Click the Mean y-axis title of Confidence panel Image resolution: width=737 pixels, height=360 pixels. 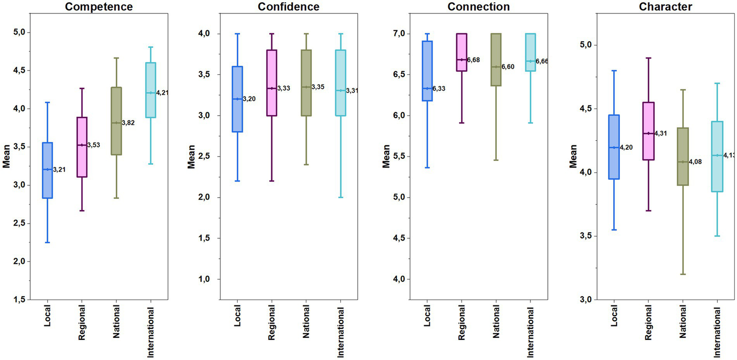191,158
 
